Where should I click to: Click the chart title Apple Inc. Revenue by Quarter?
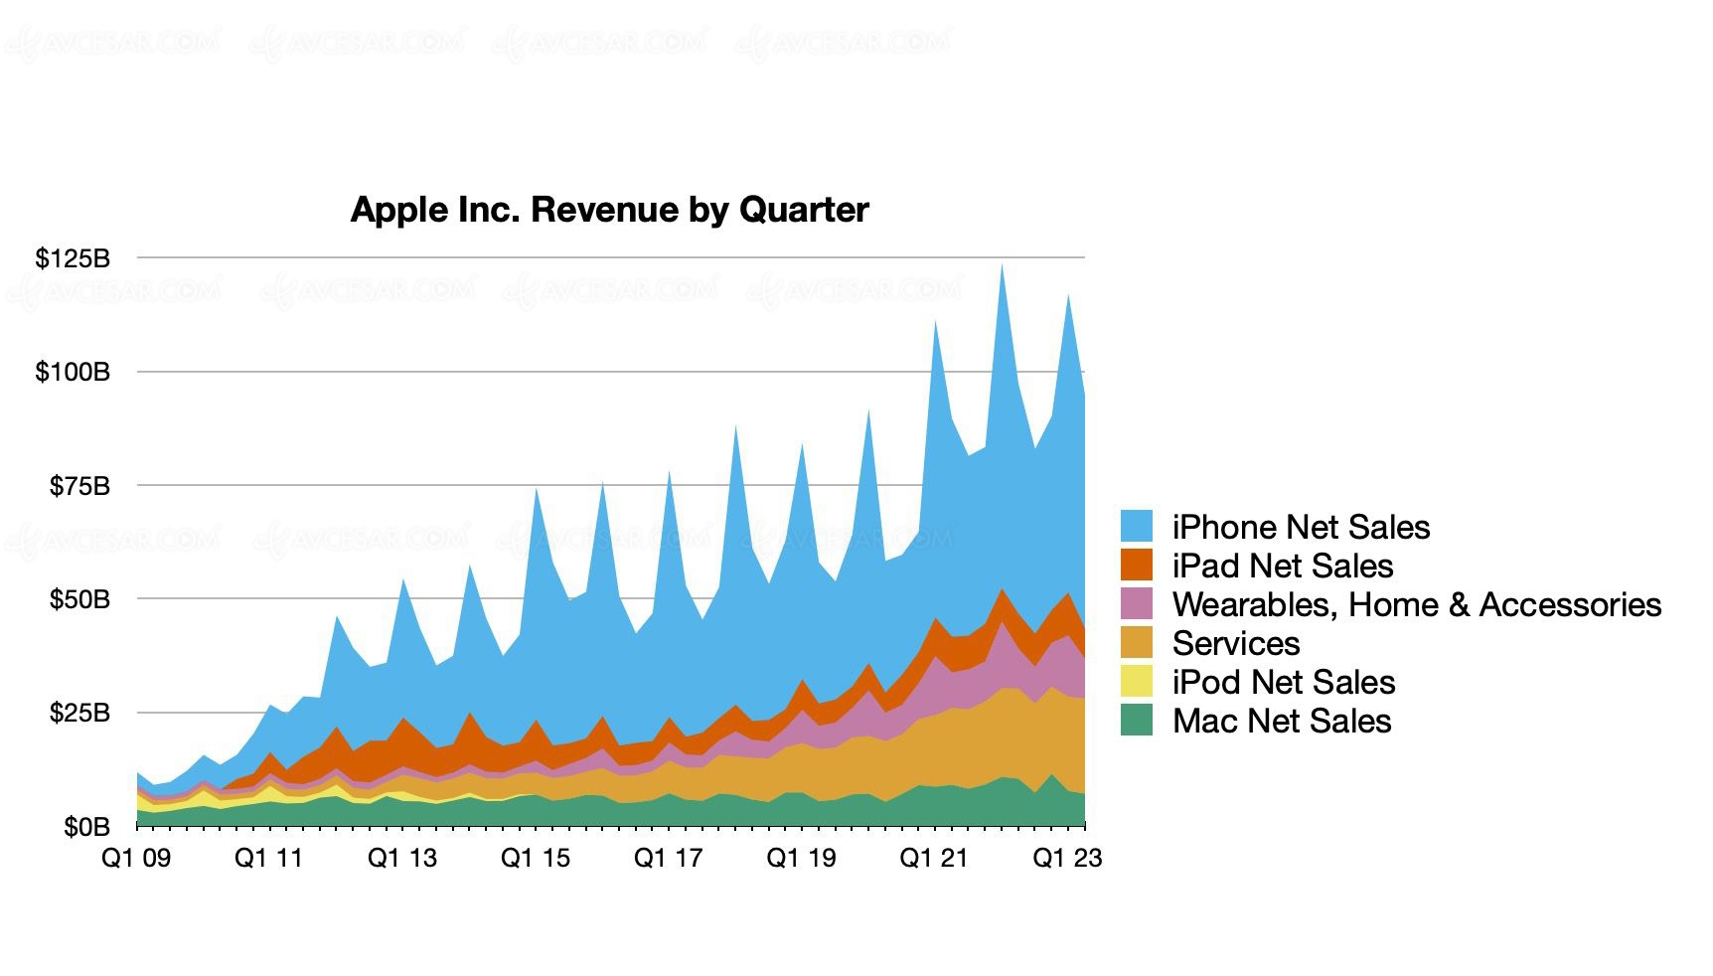(x=609, y=210)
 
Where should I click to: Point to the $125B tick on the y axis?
(x=73, y=258)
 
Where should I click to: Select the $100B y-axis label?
(x=73, y=372)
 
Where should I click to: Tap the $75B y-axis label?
(x=79, y=486)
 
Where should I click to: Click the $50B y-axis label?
(x=79, y=599)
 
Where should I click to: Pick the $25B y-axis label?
(x=79, y=713)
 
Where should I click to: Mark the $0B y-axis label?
(x=86, y=827)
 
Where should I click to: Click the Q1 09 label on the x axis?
(x=136, y=858)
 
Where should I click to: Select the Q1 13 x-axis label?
(x=402, y=858)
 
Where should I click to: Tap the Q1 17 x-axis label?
(x=668, y=858)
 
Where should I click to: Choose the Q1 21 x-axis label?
(x=934, y=858)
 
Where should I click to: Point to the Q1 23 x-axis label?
(x=1067, y=858)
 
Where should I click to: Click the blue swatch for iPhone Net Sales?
(x=1137, y=526)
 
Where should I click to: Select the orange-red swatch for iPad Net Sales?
(x=1137, y=565)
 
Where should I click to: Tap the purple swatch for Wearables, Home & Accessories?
(x=1137, y=603)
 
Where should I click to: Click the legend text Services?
(x=1236, y=643)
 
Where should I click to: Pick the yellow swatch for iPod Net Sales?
(x=1137, y=681)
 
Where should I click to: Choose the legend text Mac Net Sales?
(x=1282, y=721)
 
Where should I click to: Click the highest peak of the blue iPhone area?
(x=1002, y=266)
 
